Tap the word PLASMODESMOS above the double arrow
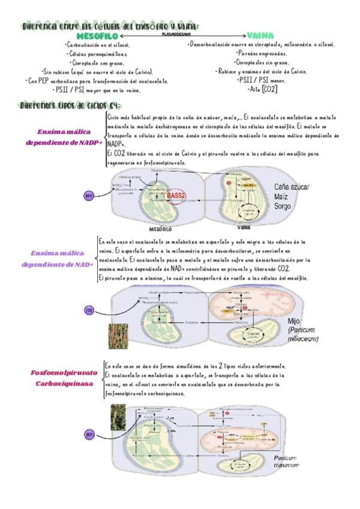point(176,34)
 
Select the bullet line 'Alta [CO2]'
point(262,89)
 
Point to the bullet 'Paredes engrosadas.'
point(262,53)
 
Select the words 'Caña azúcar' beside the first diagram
point(292,187)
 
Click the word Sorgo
point(283,206)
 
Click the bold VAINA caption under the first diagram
point(244,228)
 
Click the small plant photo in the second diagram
point(117,336)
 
